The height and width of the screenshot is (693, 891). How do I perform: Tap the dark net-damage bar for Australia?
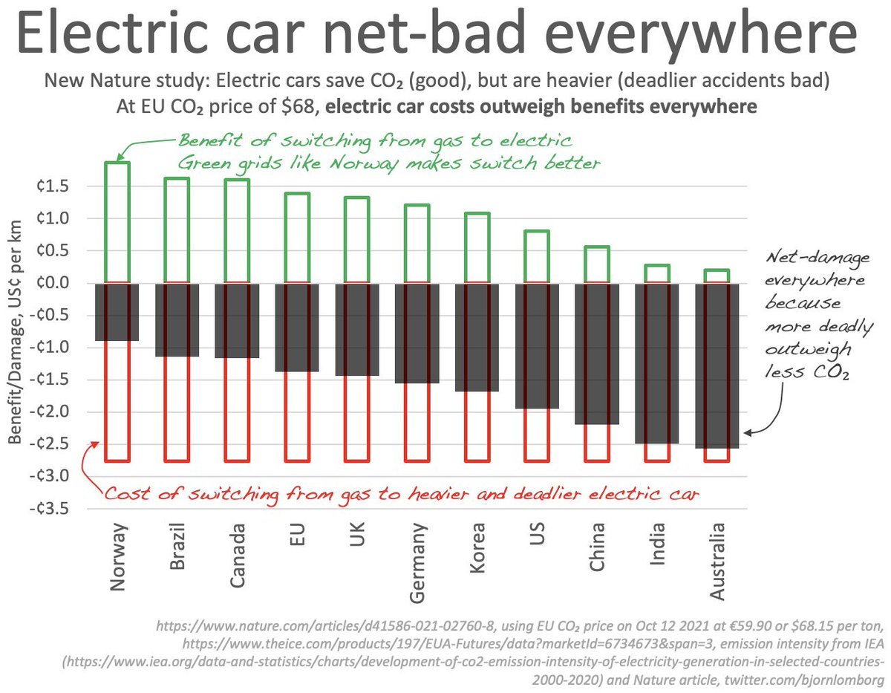click(717, 364)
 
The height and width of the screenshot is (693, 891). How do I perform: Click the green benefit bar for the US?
click(536, 256)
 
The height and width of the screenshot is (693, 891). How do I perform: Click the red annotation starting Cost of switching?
click(401, 494)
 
